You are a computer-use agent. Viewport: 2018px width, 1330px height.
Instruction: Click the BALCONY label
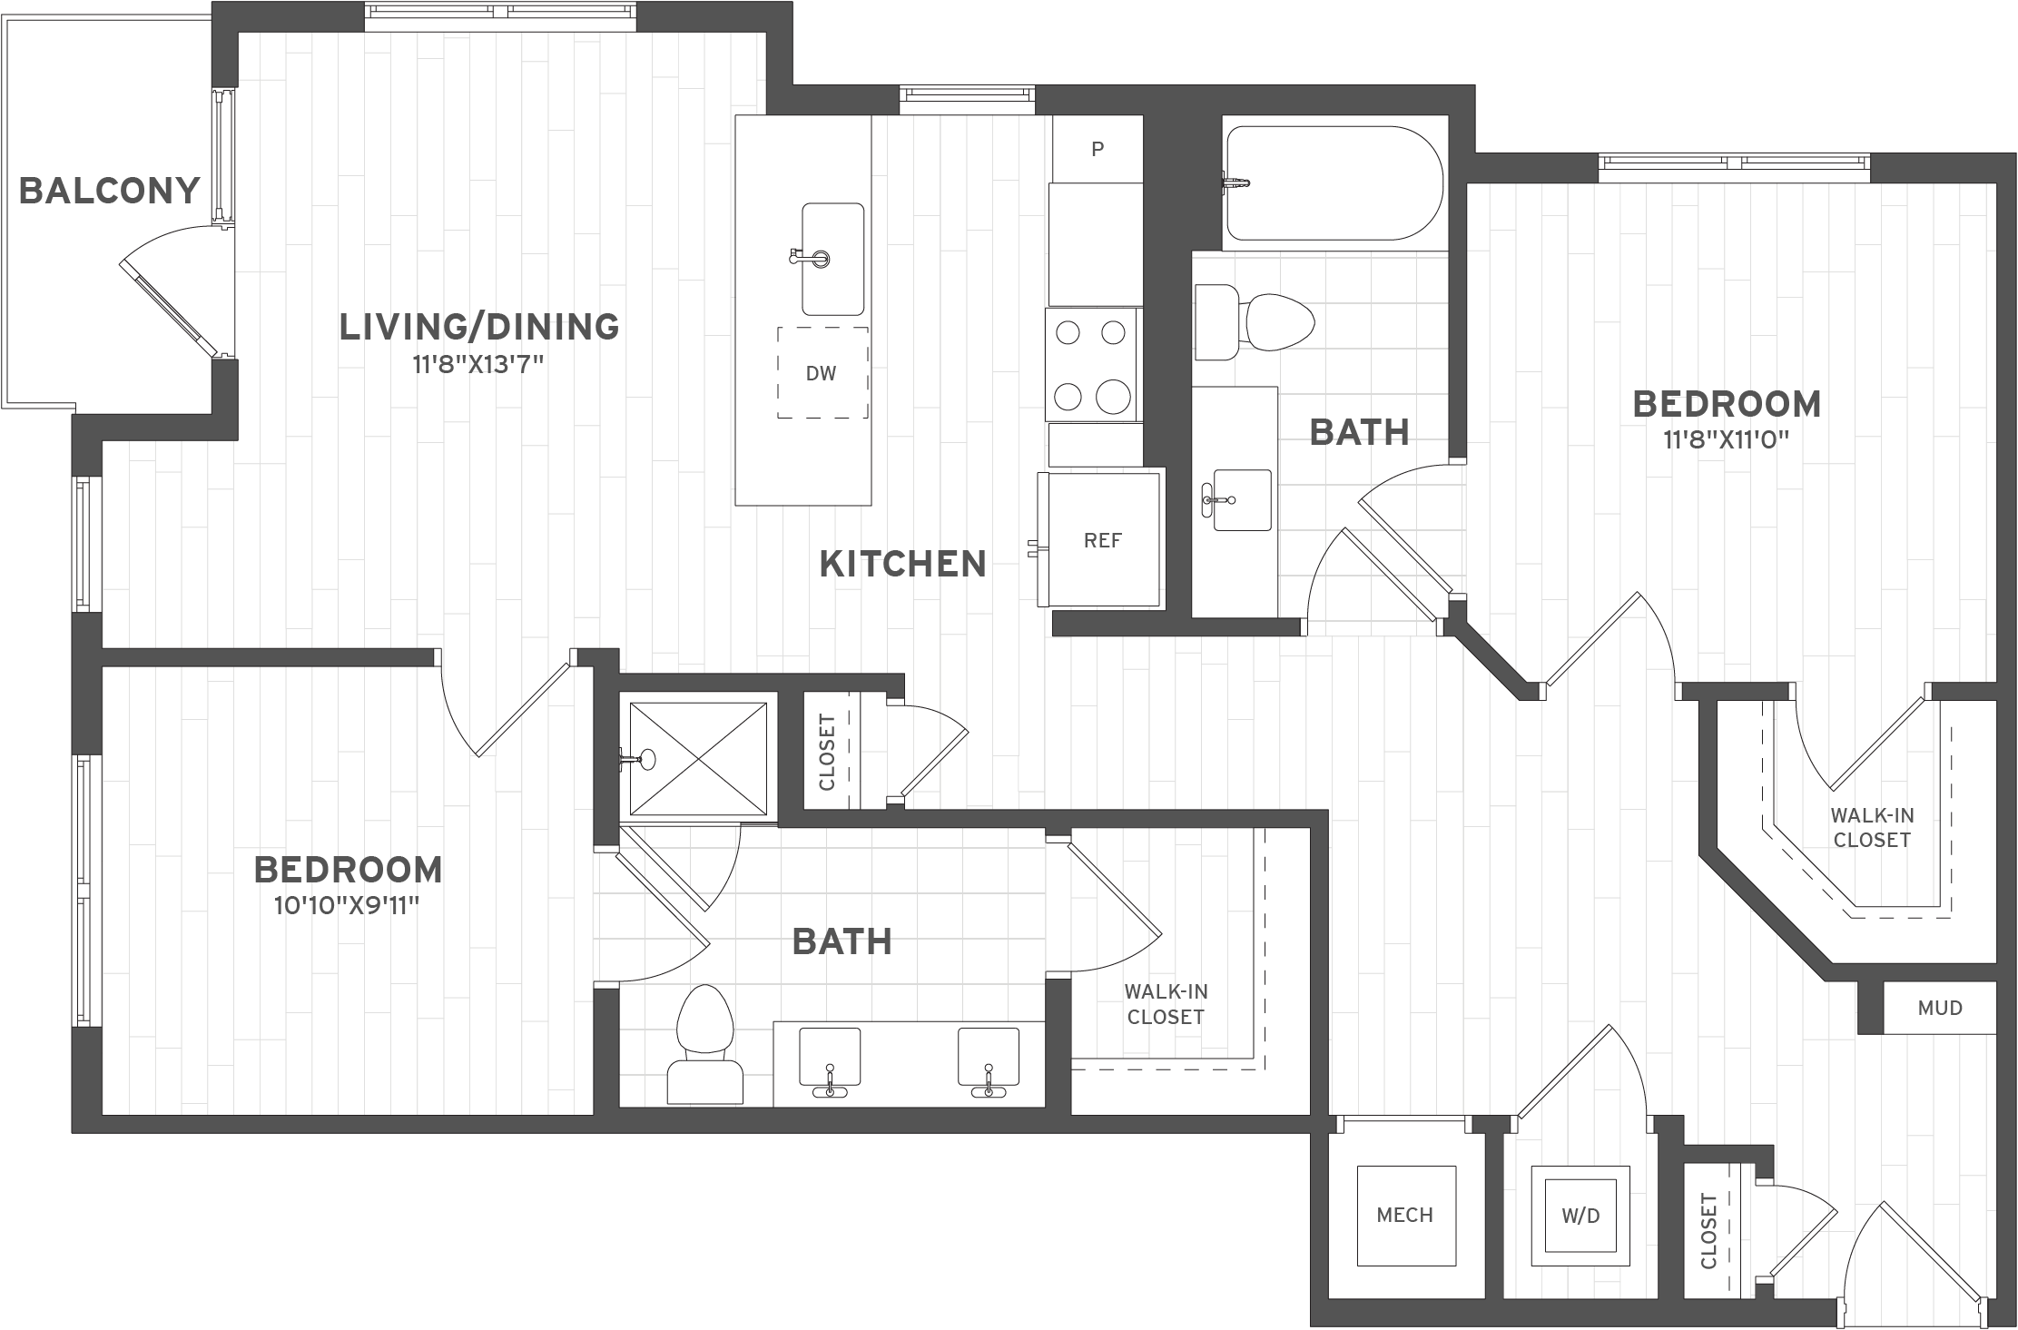(109, 191)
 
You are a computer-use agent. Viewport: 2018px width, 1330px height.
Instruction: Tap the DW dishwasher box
(822, 372)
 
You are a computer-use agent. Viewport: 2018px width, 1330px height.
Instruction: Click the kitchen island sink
(832, 259)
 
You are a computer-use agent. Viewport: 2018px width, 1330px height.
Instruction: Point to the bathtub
(1334, 182)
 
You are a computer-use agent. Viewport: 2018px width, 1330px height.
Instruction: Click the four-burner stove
(1091, 365)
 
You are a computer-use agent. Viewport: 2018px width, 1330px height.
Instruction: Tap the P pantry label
(1098, 149)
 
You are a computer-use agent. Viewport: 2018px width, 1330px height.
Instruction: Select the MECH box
(1405, 1215)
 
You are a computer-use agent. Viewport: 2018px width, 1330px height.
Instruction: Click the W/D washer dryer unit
(1580, 1216)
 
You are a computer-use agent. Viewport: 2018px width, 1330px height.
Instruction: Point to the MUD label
(1940, 1008)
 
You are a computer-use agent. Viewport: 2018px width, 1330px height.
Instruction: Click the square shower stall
(697, 759)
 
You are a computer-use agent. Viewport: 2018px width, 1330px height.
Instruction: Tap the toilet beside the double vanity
(705, 1045)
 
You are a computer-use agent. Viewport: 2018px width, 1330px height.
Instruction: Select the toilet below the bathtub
(1255, 321)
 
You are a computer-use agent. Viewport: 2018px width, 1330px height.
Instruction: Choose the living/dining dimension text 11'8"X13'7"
(478, 365)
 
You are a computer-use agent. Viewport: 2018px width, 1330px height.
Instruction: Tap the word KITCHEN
(903, 564)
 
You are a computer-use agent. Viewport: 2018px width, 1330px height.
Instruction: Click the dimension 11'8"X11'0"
(1726, 440)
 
